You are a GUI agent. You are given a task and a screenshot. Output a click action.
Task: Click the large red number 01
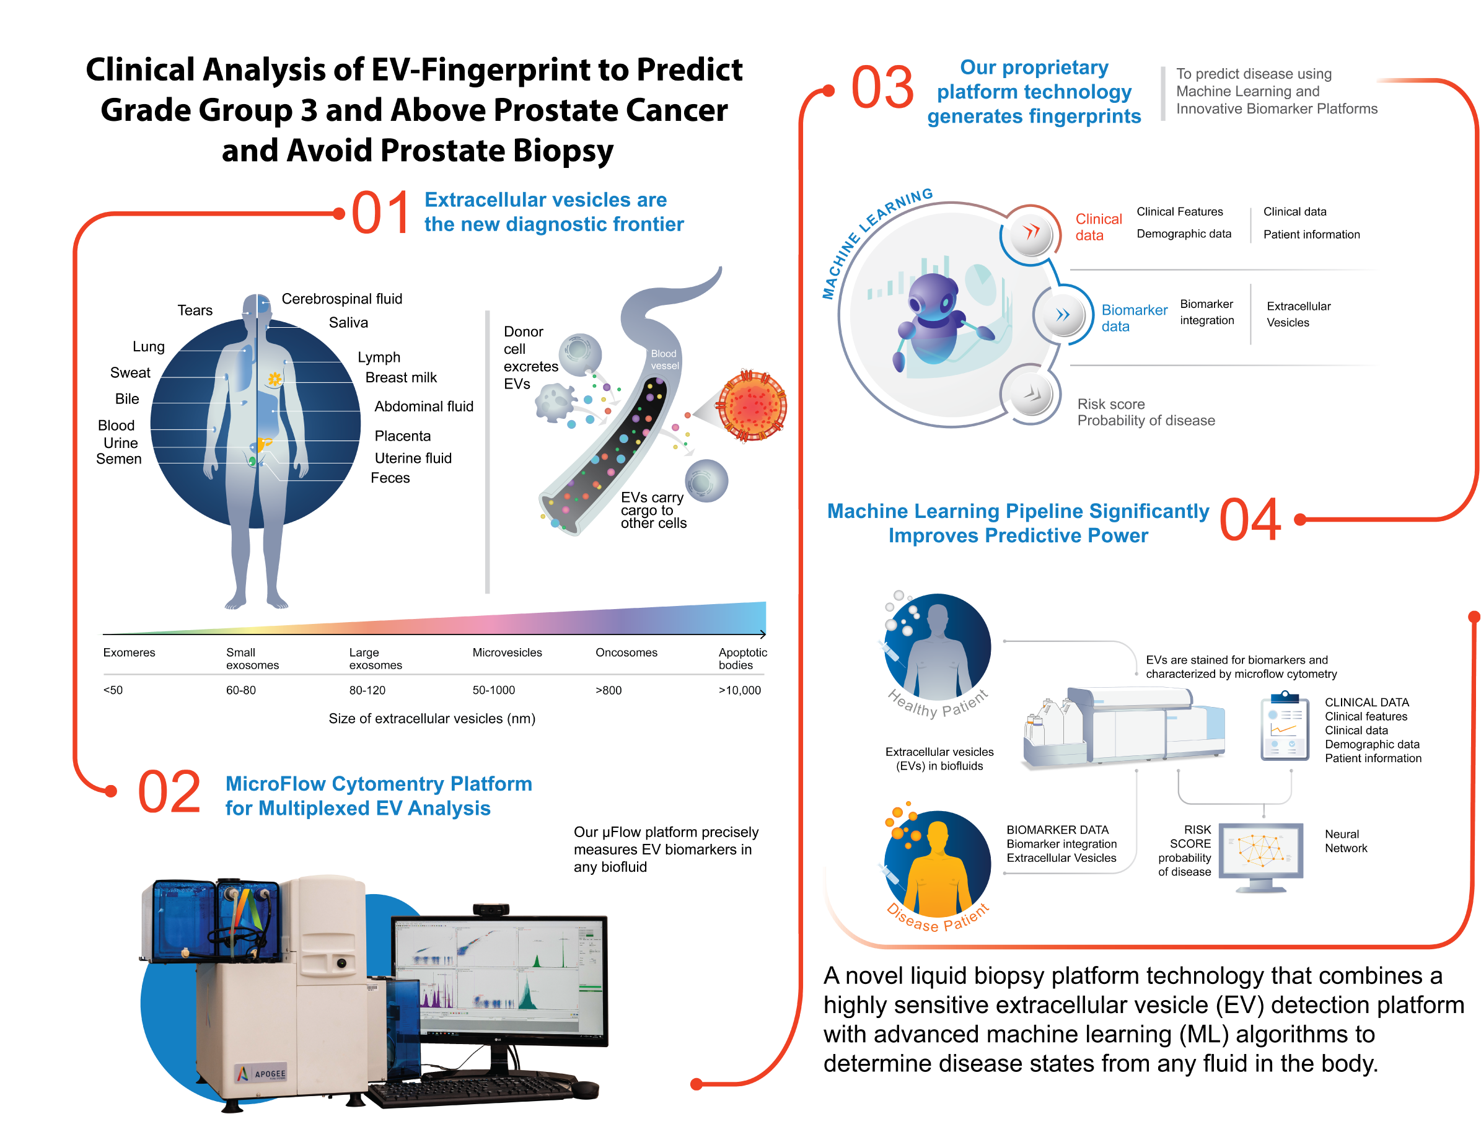(380, 213)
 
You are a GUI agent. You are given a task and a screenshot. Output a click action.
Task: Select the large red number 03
(882, 88)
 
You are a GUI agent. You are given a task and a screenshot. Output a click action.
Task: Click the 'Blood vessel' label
(664, 359)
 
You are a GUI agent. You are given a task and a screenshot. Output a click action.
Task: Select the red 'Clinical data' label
(1098, 227)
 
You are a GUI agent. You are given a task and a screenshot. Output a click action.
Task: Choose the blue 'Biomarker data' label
(1134, 317)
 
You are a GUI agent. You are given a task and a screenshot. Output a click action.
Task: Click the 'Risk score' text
(1110, 404)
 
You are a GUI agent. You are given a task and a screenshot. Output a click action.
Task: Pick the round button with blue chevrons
(1063, 315)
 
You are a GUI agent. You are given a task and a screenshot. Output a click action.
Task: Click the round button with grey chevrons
(1031, 394)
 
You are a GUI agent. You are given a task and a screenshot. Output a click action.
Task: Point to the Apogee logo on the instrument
(261, 1073)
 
